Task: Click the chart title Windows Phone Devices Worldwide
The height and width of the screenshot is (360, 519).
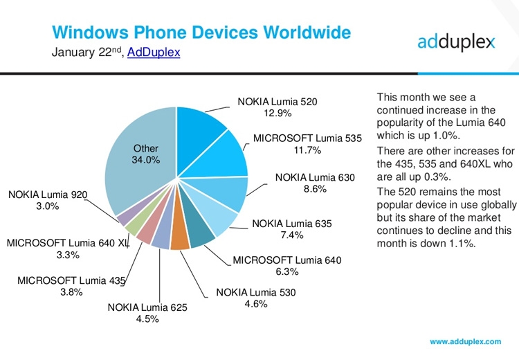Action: (x=201, y=33)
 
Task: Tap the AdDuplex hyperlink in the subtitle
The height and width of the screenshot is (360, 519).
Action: (x=154, y=53)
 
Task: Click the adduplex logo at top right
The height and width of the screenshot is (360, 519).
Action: (x=456, y=42)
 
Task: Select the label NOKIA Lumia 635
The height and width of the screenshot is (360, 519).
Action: (x=292, y=224)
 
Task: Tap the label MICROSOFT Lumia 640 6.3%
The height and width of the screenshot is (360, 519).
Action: (x=286, y=267)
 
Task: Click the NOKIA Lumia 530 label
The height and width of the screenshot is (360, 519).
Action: (x=255, y=292)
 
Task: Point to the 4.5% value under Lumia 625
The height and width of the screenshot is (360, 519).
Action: (x=147, y=319)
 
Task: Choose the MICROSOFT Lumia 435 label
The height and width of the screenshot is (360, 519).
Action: (x=71, y=280)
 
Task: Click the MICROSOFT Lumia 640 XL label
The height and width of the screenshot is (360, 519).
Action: (x=67, y=243)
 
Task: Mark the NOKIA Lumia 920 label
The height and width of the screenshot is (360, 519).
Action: (x=48, y=195)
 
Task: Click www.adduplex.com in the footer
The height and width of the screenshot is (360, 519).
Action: (x=465, y=342)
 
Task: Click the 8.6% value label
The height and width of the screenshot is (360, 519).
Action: (x=315, y=188)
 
